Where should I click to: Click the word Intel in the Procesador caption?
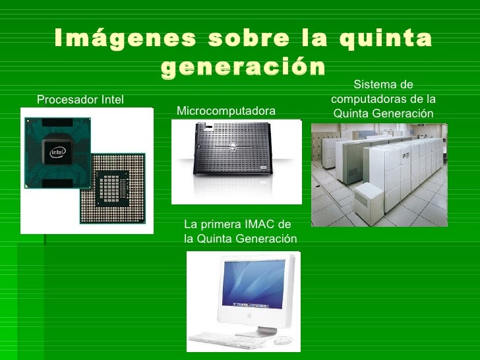coord(113,100)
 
